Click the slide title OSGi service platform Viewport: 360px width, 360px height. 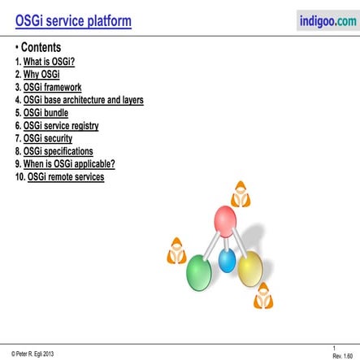point(74,21)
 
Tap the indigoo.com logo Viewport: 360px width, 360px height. point(327,21)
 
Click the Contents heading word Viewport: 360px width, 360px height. point(41,48)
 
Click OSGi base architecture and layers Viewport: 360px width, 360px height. point(94,100)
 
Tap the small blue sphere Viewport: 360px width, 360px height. point(228,261)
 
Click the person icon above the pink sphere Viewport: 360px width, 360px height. point(241,195)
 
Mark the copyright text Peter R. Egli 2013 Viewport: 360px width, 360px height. point(33,353)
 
